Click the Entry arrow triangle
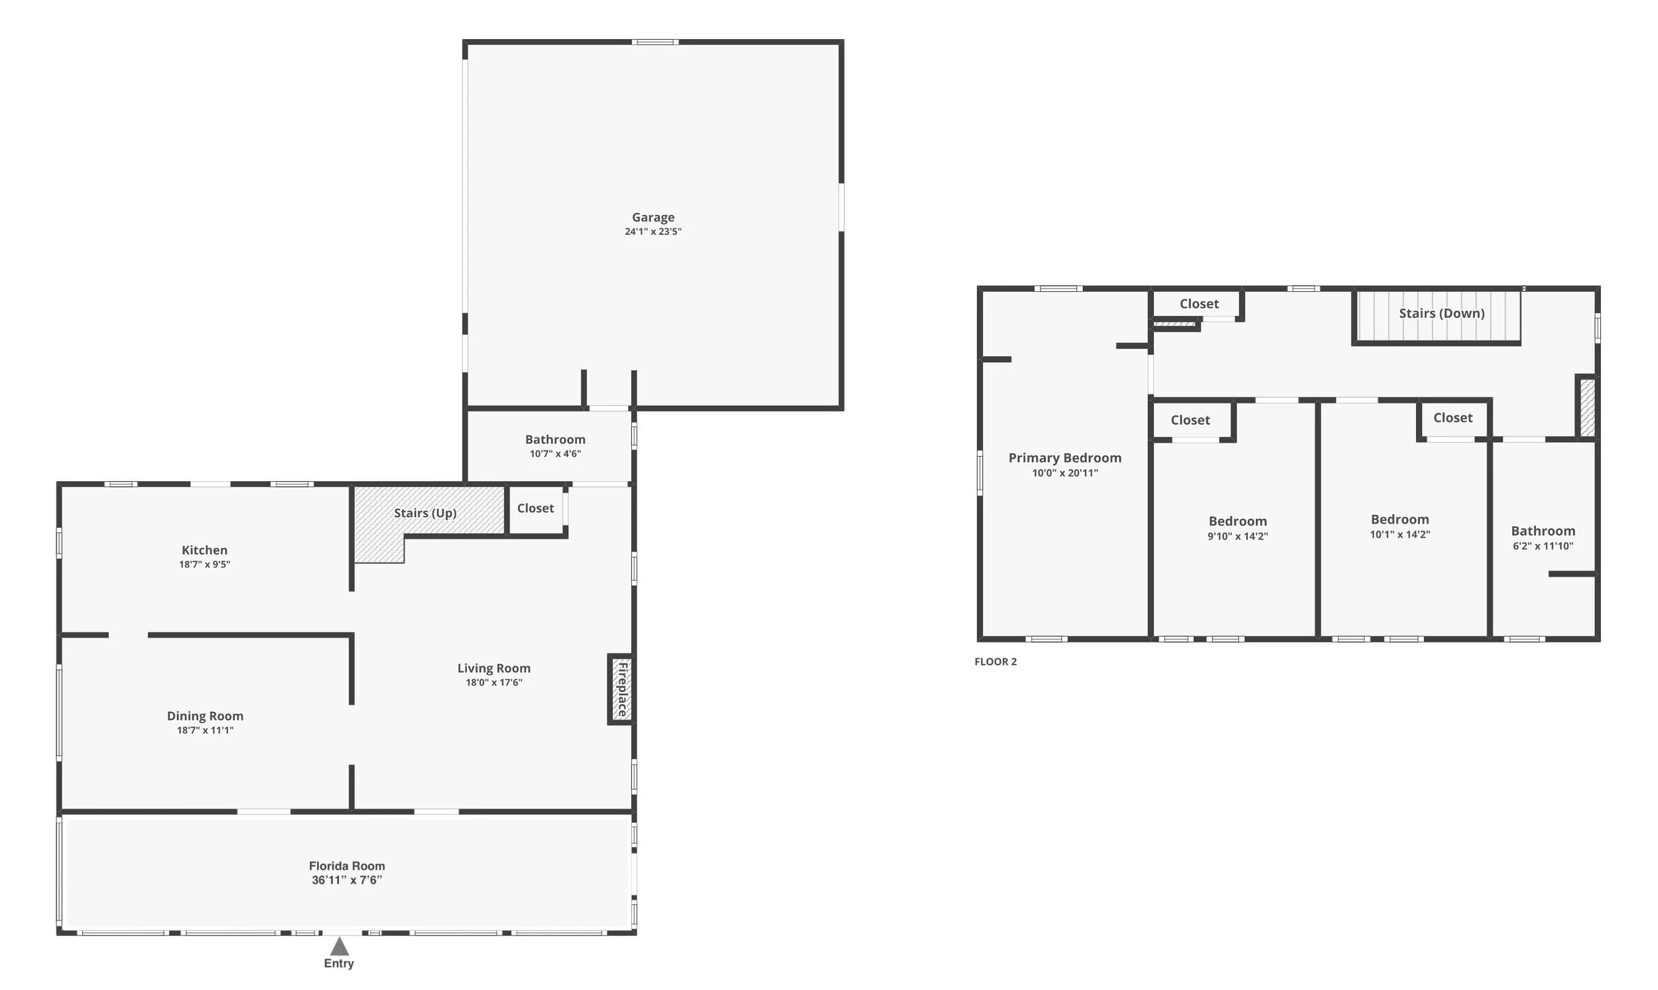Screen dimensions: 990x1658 point(340,946)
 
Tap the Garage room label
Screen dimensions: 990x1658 point(653,218)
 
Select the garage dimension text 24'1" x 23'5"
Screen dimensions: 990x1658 point(653,232)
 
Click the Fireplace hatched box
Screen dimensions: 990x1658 point(621,689)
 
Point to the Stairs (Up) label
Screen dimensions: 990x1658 point(424,513)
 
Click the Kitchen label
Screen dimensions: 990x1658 point(205,550)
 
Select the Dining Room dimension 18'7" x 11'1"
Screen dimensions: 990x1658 point(205,731)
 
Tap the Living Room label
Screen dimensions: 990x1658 point(493,668)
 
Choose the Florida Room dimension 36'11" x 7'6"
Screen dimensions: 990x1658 point(347,880)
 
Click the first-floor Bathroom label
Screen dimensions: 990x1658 point(554,440)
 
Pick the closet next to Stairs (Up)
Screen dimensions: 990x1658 point(535,508)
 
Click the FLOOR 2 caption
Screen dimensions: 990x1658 point(995,662)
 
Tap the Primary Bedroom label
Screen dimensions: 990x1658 point(1064,459)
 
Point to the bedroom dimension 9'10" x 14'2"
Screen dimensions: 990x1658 point(1238,536)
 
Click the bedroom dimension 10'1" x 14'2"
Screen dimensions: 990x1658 point(1399,534)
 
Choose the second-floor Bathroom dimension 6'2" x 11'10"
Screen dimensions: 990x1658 point(1543,545)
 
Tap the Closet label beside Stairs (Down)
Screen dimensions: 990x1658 point(1198,304)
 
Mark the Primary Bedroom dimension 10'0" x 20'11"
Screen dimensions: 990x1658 point(1064,473)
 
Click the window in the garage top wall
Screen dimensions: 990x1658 point(655,42)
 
